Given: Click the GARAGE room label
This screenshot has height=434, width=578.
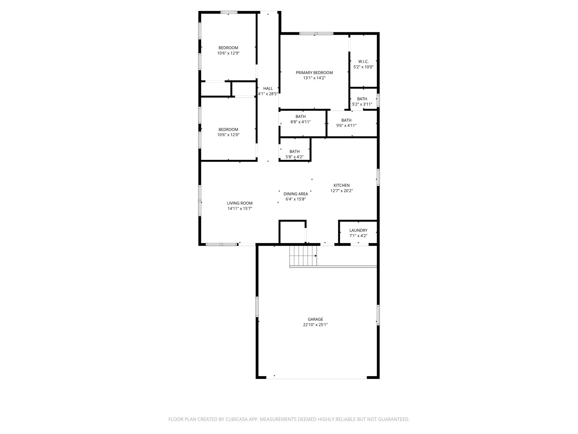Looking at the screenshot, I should [315, 319].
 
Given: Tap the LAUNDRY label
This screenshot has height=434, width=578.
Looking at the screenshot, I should [358, 230].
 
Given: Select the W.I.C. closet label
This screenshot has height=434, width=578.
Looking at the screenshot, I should [363, 61].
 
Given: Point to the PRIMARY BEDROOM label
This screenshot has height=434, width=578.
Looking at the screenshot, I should [314, 73].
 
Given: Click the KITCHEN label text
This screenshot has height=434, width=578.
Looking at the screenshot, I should [341, 185].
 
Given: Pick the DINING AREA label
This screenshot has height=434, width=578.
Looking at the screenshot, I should [295, 194].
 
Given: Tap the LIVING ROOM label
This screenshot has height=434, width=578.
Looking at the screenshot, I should [240, 203].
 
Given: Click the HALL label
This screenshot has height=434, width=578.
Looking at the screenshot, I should [268, 88].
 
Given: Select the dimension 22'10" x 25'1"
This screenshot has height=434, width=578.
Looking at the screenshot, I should [315, 325].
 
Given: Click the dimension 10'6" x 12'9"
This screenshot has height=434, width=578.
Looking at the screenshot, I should [228, 53].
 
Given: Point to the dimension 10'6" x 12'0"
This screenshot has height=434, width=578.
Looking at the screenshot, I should [228, 135].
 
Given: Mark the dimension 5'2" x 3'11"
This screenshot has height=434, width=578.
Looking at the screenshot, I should [362, 104].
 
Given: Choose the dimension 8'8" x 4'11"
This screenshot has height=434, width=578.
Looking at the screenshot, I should [300, 122].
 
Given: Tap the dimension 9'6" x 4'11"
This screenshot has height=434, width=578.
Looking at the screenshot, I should [346, 125].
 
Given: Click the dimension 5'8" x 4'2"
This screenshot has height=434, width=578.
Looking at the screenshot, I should [294, 157].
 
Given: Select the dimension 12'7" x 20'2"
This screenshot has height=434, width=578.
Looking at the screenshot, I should [341, 191].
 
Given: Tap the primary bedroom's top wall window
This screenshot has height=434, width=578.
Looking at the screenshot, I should [316, 33].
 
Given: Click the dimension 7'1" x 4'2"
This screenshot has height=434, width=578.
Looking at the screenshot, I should [358, 236].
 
